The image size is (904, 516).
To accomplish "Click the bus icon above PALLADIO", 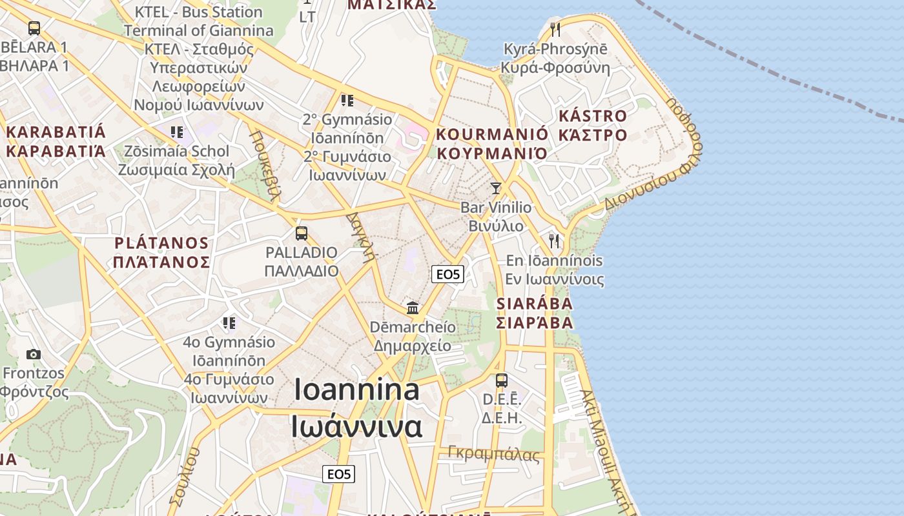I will [301, 233].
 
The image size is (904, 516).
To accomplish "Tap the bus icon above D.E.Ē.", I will [502, 381].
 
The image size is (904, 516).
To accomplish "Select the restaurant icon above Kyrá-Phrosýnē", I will [555, 29].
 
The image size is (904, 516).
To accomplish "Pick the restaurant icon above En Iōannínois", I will [554, 241].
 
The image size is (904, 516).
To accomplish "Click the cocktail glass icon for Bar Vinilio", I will [496, 188].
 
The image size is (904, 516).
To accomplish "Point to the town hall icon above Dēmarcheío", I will [413, 308].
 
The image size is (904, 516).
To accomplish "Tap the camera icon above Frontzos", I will [34, 354].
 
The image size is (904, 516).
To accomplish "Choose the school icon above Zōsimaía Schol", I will [177, 133].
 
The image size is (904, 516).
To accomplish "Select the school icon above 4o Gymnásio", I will [229, 322].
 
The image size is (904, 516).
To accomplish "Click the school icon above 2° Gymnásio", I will [347, 101].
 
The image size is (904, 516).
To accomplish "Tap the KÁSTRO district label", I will [592, 117].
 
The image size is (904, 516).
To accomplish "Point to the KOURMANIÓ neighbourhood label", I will [492, 135].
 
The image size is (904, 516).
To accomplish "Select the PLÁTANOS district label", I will [161, 244].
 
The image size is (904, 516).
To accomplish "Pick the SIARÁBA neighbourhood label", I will [534, 304].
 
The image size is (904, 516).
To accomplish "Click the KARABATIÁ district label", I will [56, 133].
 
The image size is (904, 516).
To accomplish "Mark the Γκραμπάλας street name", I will [494, 454].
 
